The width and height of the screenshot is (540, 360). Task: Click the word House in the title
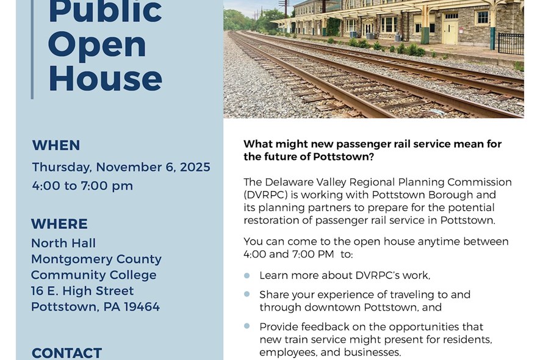pos(105,79)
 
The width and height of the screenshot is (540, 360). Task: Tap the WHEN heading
pos(56,145)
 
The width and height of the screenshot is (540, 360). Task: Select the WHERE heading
pos(60,224)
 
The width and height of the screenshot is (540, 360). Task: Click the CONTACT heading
pos(67,353)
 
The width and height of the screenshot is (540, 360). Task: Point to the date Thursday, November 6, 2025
pos(121,167)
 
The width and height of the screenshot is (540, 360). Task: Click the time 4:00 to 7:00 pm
pos(82,185)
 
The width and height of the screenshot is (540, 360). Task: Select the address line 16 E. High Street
pos(82,290)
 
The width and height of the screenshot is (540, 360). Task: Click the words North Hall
pos(63,243)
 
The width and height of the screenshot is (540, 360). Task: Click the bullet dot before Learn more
pos(247,276)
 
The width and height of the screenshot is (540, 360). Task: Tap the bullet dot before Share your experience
pos(247,294)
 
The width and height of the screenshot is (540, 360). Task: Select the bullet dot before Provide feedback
pos(247,326)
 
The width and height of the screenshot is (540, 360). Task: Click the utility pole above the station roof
pos(284,7)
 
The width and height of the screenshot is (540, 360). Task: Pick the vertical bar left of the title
pos(32,49)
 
